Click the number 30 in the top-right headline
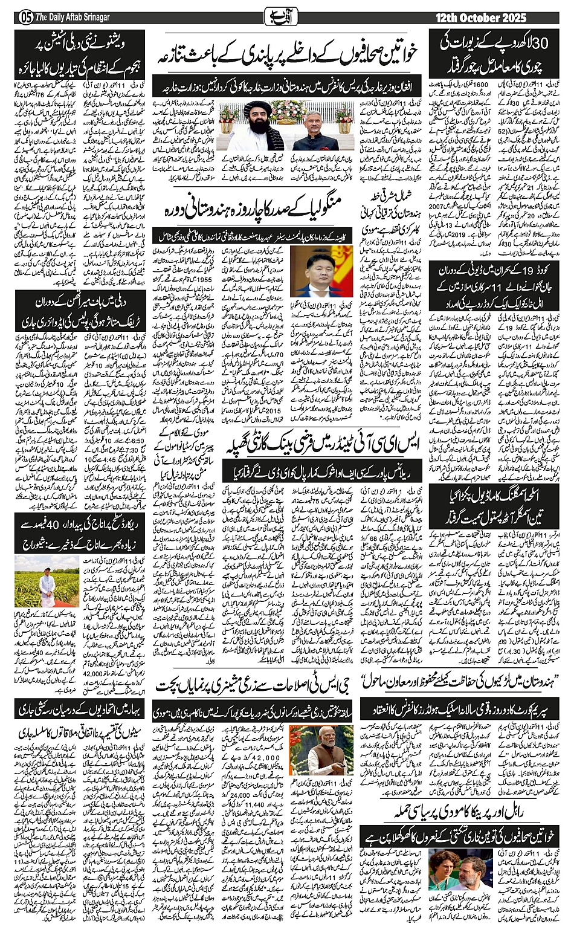(541, 43)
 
